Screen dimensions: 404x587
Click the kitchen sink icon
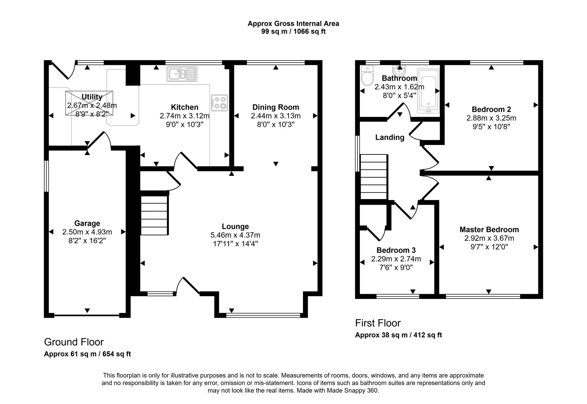pyautogui.click(x=182, y=74)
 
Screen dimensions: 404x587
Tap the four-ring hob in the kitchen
pyautogui.click(x=220, y=103)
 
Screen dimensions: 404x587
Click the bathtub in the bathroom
pyautogui.click(x=428, y=91)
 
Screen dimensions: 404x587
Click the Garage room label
pyautogui.click(x=87, y=223)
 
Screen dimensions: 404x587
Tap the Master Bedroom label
pyautogui.click(x=489, y=230)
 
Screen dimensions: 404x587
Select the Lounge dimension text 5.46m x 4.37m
pyautogui.click(x=235, y=235)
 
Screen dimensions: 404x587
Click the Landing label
pyautogui.click(x=389, y=137)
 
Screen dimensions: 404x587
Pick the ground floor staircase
pyautogui.click(x=154, y=215)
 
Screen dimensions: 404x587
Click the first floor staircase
pyautogui.click(x=374, y=177)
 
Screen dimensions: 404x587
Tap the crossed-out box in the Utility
pyautogui.click(x=89, y=103)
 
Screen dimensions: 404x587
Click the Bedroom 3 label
pyautogui.click(x=396, y=250)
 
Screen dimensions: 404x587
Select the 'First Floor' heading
pyautogui.click(x=378, y=323)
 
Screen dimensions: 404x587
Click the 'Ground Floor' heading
pyautogui.click(x=74, y=342)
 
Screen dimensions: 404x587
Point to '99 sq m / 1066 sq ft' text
pyautogui.click(x=293, y=31)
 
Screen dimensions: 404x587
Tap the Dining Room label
pyautogui.click(x=276, y=107)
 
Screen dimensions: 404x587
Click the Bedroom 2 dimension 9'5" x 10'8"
pyautogui.click(x=491, y=127)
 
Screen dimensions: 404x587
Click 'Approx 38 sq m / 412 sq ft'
pyautogui.click(x=398, y=335)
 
